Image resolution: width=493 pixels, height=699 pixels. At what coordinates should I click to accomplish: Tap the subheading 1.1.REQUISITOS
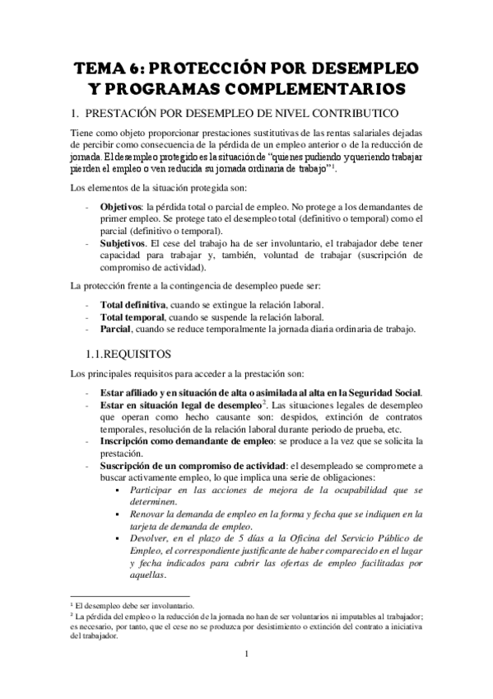(130, 354)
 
